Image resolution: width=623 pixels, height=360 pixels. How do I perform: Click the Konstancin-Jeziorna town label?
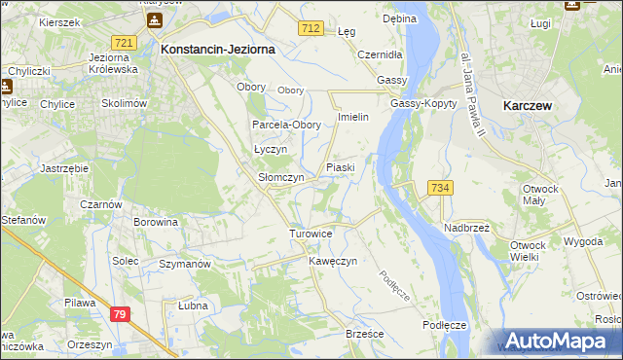tap(218, 48)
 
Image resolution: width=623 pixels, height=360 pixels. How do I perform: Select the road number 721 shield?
tap(124, 44)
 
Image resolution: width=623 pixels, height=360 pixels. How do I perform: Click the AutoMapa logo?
tap(558, 341)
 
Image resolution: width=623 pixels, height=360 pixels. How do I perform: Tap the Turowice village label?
tap(311, 234)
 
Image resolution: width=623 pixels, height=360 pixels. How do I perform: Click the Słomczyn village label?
tap(280, 178)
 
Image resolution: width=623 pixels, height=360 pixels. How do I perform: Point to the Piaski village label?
tap(340, 167)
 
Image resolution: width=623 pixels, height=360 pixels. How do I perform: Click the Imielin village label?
tap(351, 117)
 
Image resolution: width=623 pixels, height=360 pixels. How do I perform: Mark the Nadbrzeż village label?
tap(467, 226)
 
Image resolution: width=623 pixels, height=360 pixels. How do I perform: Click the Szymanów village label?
tap(185, 264)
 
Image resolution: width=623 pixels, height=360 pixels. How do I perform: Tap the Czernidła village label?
tap(379, 54)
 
